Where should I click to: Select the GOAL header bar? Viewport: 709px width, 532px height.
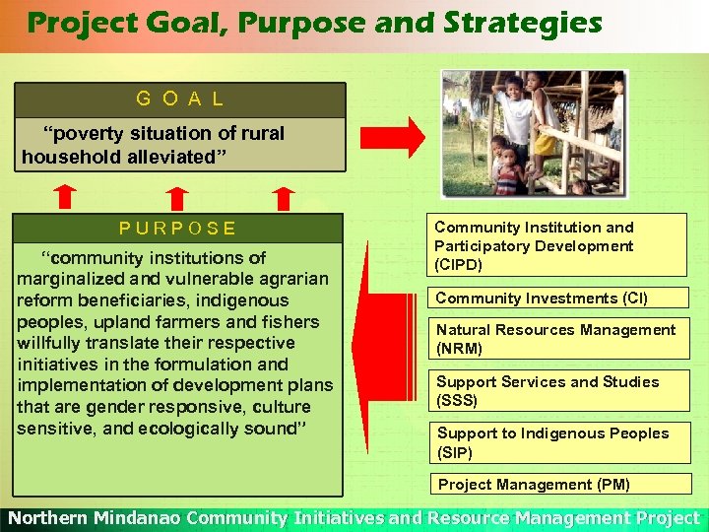coord(179,100)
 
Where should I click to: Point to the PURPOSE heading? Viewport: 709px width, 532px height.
coord(178,229)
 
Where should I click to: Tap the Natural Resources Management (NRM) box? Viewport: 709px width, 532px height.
coord(556,339)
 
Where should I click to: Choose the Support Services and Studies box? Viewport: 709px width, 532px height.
coord(556,391)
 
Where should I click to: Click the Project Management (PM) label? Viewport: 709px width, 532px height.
coord(534,484)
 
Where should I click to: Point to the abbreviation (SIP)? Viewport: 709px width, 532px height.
coord(455,453)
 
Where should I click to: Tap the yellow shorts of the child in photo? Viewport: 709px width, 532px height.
coord(545,144)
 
